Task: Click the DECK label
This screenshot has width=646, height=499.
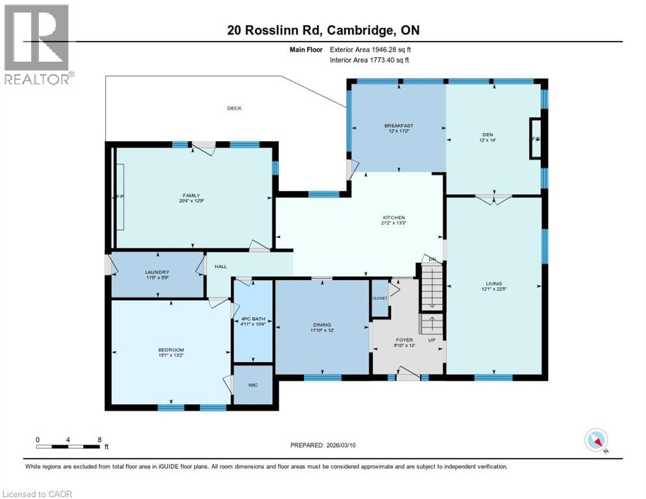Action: (x=234, y=109)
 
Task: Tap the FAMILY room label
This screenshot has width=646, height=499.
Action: (x=190, y=196)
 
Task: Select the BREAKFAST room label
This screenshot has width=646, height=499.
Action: (x=398, y=126)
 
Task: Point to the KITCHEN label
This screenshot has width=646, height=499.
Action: (x=394, y=218)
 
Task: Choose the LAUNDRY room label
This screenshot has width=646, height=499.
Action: (x=157, y=272)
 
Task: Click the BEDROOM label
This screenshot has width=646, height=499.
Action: (x=170, y=350)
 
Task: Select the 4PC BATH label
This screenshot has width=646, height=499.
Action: (x=253, y=319)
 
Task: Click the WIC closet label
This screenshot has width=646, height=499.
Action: (x=253, y=385)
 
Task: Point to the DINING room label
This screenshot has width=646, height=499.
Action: (x=322, y=325)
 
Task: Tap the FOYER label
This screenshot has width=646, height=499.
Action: (x=404, y=340)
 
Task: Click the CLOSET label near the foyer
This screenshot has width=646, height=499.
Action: (x=380, y=298)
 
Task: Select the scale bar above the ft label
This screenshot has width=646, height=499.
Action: (x=68, y=446)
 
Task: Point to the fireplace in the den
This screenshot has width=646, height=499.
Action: (x=536, y=138)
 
